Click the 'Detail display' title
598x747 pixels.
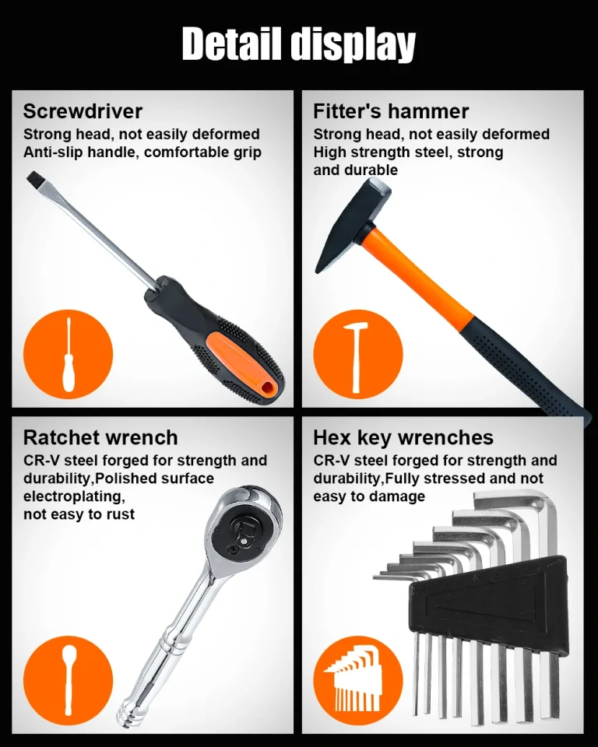point(299,44)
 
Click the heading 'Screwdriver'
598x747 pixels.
point(83,111)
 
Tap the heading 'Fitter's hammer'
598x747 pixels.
point(391,111)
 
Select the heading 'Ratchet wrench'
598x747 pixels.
point(100,437)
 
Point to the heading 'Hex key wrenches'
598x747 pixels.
point(403,438)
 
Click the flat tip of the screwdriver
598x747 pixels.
point(33,180)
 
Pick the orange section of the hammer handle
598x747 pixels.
point(415,274)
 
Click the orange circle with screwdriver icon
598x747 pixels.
point(69,355)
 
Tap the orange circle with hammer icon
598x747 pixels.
point(358,355)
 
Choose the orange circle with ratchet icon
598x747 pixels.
point(69,681)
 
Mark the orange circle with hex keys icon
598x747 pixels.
point(358,681)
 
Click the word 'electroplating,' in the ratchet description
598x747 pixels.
point(75,496)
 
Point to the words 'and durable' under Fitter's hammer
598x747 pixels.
point(355,170)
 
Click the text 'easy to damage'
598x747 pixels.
point(369,496)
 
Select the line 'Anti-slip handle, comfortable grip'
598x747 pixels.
point(142,153)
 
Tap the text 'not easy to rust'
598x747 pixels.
point(79,514)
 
